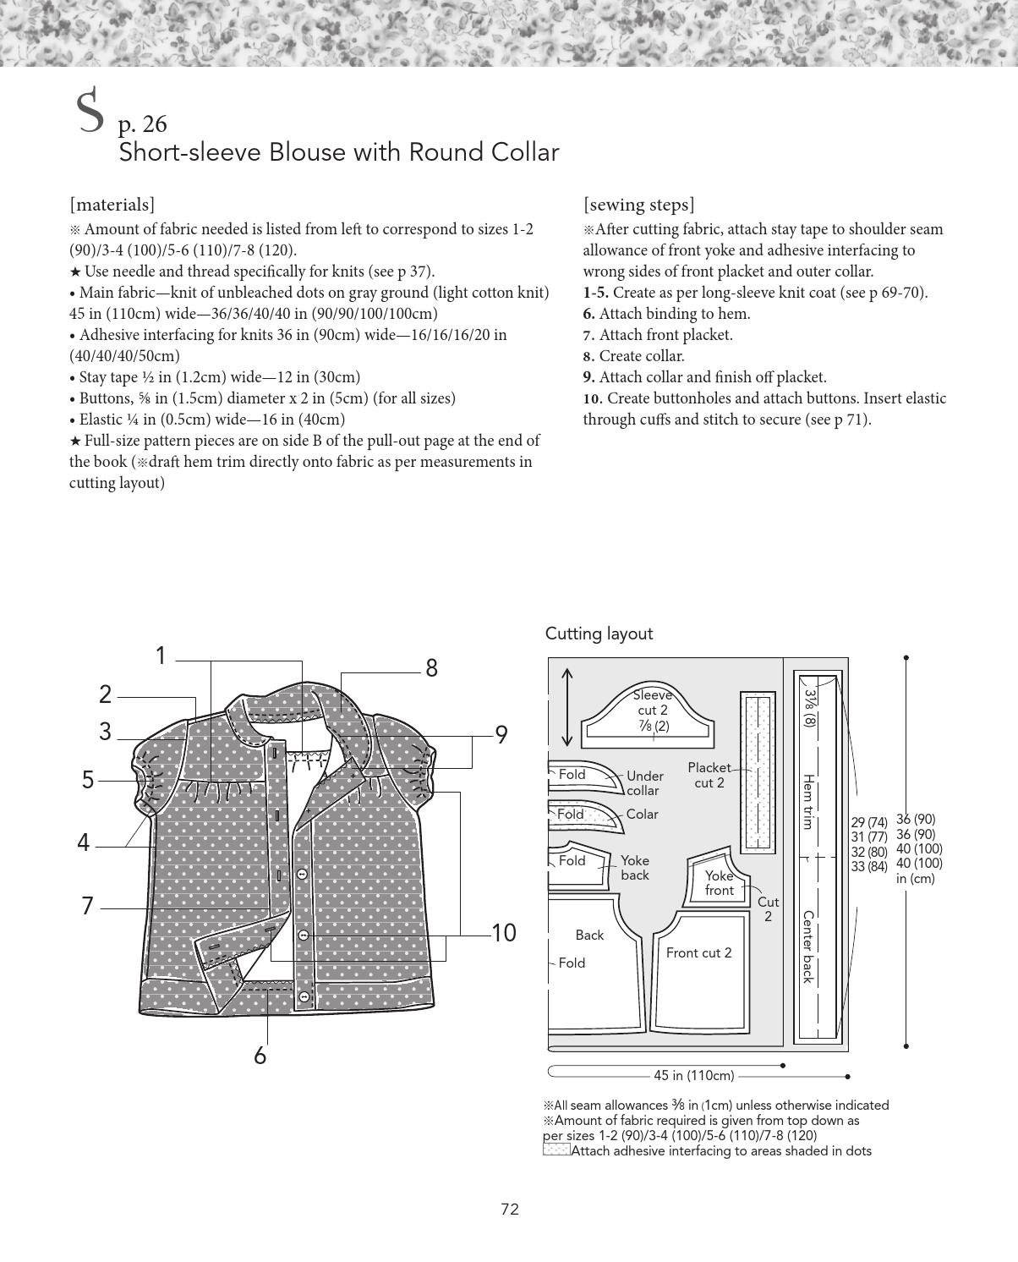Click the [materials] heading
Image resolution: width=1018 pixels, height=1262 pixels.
point(112,205)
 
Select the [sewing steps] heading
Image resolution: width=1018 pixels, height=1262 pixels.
point(638,205)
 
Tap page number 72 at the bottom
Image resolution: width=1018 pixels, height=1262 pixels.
point(510,1210)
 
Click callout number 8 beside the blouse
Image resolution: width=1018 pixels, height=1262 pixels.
point(431,668)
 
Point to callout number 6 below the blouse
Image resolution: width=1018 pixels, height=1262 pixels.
point(260,1056)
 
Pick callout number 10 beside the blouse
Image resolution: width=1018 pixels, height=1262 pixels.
point(504,932)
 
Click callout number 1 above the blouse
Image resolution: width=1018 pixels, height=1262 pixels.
point(161,656)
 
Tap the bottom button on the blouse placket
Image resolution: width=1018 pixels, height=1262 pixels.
point(304,996)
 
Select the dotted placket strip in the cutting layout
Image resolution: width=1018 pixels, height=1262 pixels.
point(758,773)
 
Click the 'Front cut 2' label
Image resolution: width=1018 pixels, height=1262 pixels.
point(698,953)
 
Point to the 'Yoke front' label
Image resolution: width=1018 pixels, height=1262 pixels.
point(719,883)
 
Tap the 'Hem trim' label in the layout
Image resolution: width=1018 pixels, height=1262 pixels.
point(808,802)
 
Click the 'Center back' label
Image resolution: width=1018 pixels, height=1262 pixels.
point(808,947)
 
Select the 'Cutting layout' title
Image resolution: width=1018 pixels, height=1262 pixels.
point(599,634)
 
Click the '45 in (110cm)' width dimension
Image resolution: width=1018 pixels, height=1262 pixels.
point(693,1076)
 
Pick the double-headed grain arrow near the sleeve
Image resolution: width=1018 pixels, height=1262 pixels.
point(566,708)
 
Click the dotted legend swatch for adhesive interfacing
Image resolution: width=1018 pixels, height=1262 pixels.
point(556,1150)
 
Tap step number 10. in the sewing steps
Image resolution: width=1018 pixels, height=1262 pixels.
point(592,398)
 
